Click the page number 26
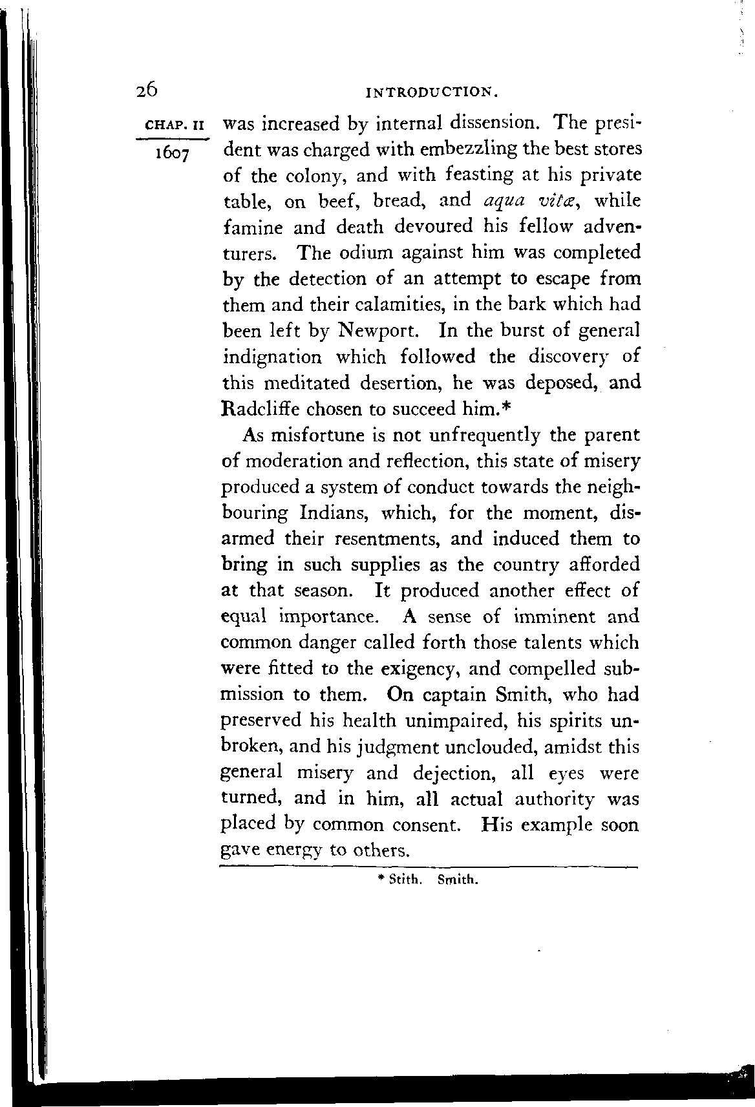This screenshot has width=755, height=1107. [x=147, y=90]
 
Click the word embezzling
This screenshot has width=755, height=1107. [x=460, y=149]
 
